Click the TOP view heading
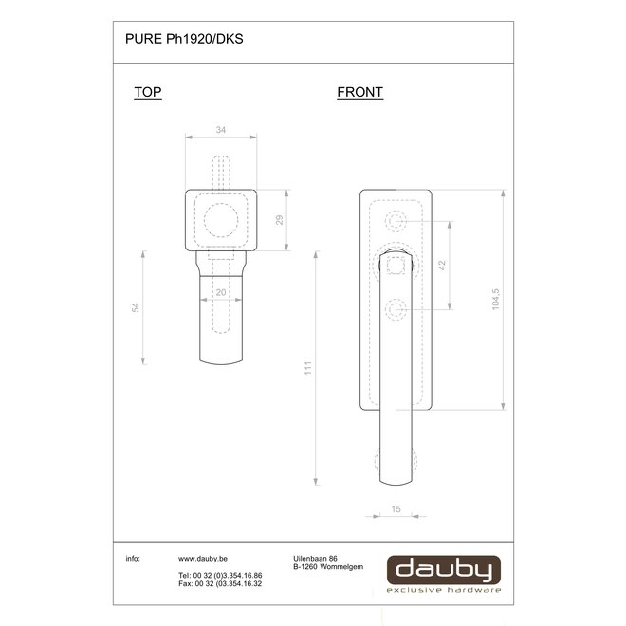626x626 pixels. point(148,93)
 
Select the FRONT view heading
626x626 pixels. point(359,93)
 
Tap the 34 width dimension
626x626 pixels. point(220,130)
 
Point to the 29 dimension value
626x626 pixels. point(277,220)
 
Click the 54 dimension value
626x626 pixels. point(135,308)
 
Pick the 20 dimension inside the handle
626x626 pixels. point(220,293)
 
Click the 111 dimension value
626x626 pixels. point(307,368)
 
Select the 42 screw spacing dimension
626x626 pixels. point(441,267)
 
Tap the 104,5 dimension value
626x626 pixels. point(495,300)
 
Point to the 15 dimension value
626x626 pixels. point(396,509)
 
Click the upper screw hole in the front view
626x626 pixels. point(396,223)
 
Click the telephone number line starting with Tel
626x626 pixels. point(220,576)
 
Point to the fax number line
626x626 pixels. point(220,583)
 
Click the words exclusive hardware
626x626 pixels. point(443,590)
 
